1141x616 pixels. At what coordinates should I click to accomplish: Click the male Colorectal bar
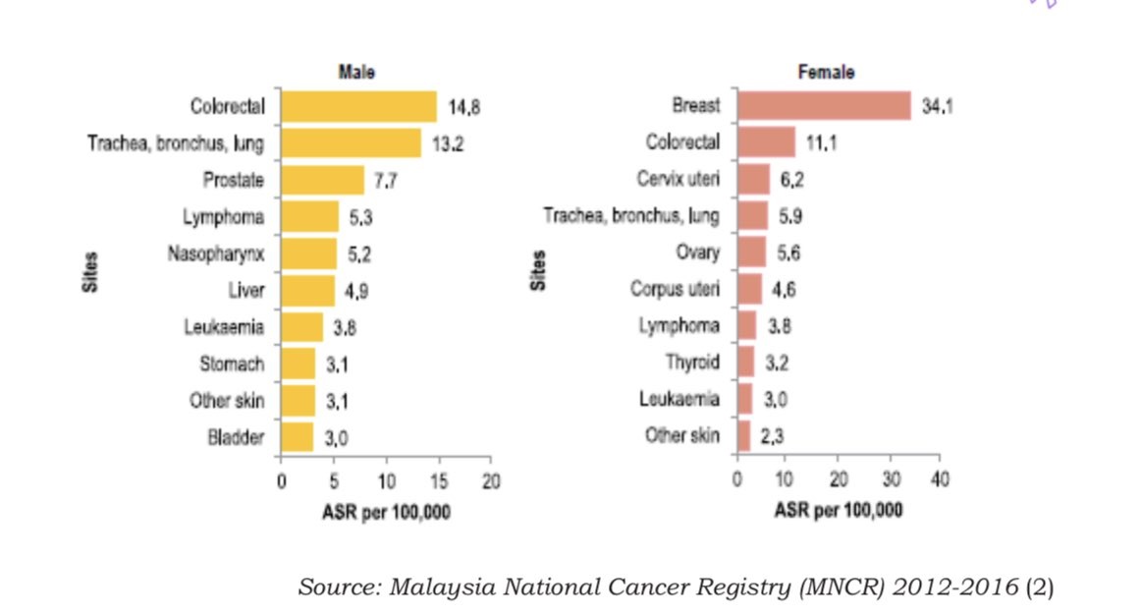[358, 106]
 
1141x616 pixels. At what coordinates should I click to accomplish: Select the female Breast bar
[824, 105]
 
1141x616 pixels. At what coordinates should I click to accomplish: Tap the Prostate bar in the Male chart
[322, 180]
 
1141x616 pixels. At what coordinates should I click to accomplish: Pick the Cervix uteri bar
[753, 179]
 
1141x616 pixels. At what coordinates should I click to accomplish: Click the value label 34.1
[938, 106]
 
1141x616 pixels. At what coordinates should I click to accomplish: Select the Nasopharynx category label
[216, 253]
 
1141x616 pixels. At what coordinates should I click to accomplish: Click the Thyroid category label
[692, 362]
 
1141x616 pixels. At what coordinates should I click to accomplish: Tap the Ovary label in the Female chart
[697, 252]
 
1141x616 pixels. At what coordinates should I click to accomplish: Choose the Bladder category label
[236, 436]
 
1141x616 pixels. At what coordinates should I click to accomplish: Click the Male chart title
[356, 72]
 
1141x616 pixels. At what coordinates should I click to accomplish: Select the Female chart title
[826, 72]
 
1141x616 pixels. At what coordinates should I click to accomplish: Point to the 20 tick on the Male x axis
[492, 480]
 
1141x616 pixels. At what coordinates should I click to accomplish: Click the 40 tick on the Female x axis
[940, 478]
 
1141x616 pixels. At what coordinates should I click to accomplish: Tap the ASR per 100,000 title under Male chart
[386, 512]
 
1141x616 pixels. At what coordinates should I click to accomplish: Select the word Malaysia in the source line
[442, 588]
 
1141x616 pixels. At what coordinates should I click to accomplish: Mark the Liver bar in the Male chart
[307, 290]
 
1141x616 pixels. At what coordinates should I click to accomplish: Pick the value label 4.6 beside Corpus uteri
[783, 290]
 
